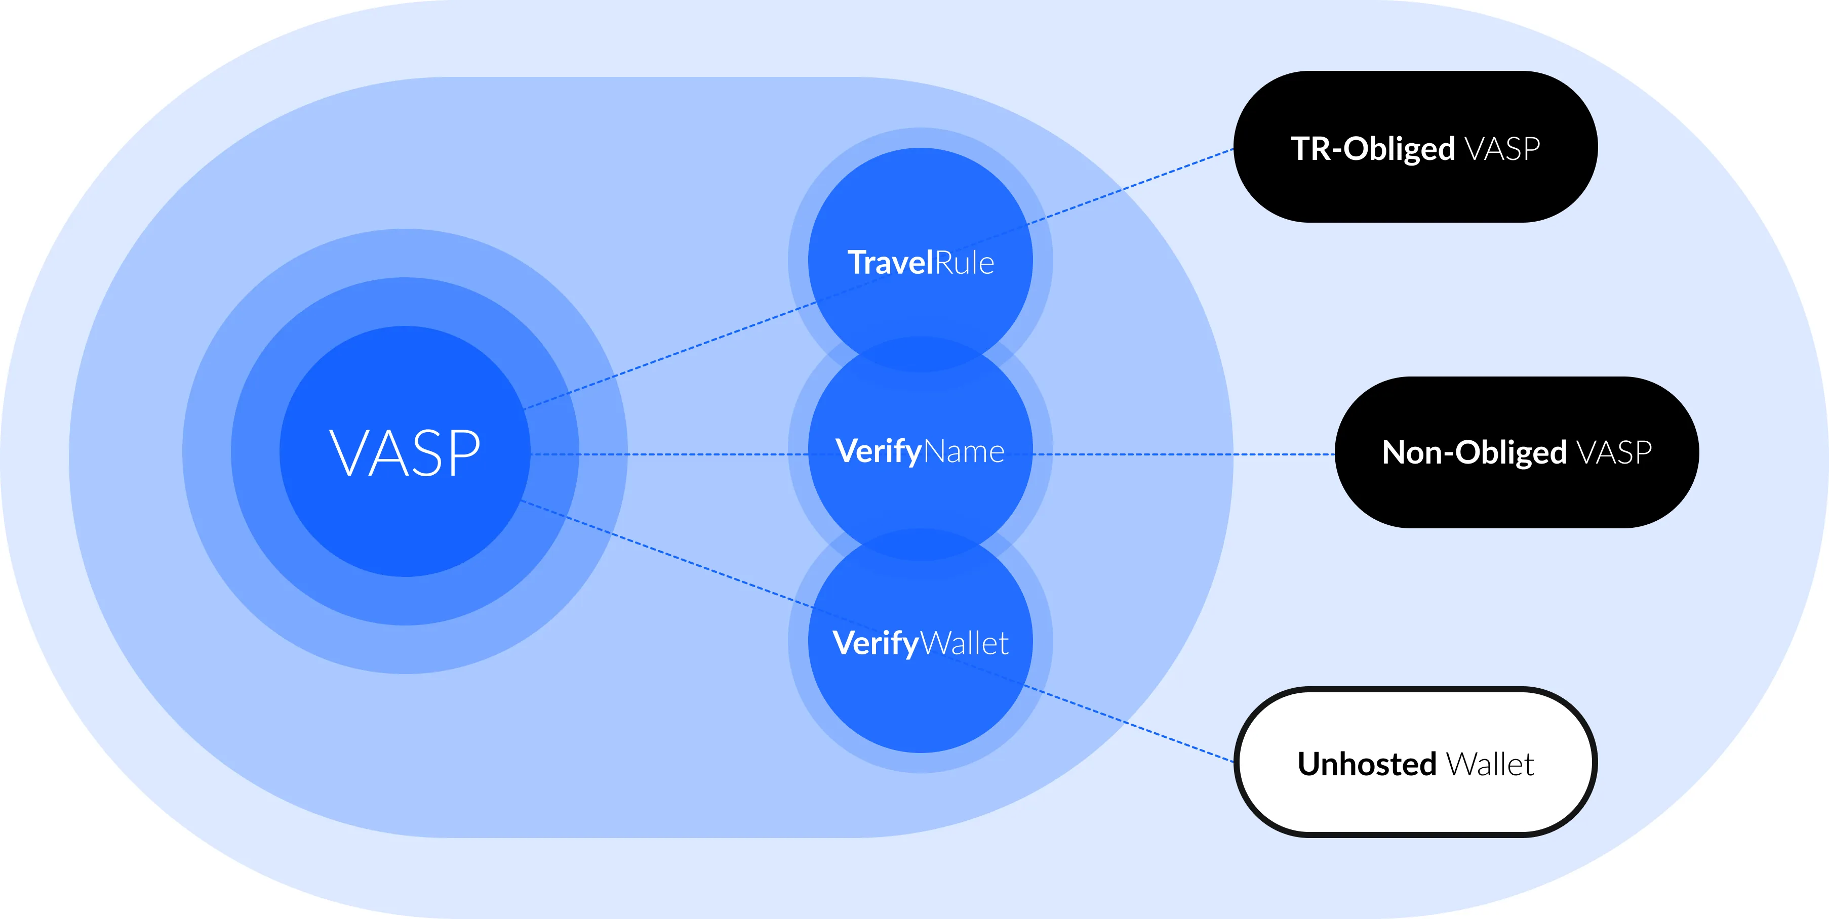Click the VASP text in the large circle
click(405, 453)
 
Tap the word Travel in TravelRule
click(890, 263)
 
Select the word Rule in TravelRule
click(964, 263)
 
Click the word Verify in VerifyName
click(878, 451)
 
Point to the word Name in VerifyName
click(964, 452)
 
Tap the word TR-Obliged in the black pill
click(1372, 149)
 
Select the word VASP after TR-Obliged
click(1502, 149)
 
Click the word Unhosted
click(1367, 764)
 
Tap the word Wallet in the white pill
click(1490, 764)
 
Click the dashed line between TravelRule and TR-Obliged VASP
click(1136, 185)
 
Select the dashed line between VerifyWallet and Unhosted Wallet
click(1136, 727)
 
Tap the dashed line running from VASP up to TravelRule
click(667, 357)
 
